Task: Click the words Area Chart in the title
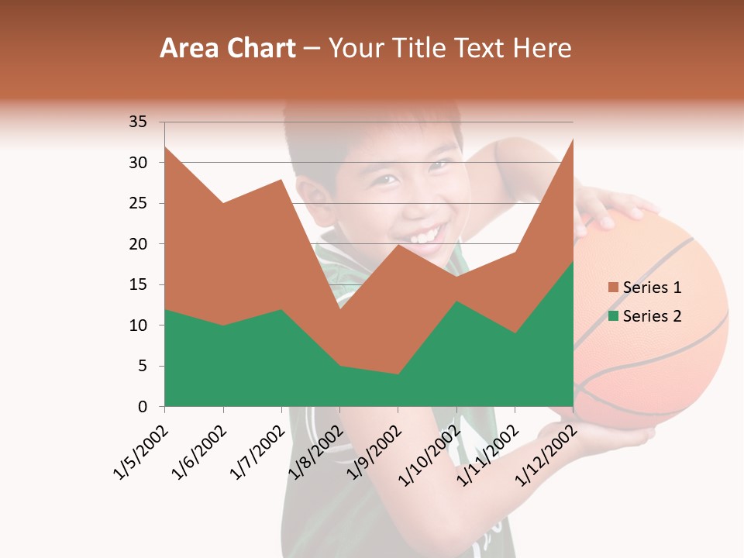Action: point(227,49)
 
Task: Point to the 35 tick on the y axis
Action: point(138,122)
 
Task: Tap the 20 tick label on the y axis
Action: point(138,244)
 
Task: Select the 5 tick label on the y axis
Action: point(143,366)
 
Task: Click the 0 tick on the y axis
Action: point(143,407)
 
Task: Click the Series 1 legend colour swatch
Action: point(613,288)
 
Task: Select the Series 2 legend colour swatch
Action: point(613,315)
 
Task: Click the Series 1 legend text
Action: point(652,288)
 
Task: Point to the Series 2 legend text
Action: point(652,315)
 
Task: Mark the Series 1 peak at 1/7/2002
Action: point(281,180)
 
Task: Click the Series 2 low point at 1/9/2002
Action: point(398,374)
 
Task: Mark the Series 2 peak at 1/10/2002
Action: point(456,301)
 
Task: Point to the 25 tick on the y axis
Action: point(138,203)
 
